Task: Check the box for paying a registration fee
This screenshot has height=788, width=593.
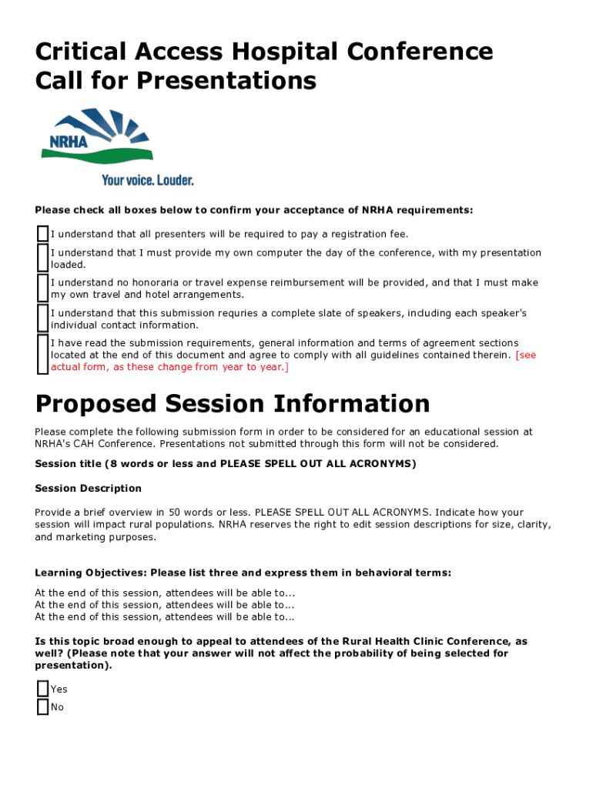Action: tap(42, 233)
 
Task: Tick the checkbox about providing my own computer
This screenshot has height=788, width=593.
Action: tap(42, 258)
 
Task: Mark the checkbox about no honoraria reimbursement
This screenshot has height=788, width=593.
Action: tap(42, 288)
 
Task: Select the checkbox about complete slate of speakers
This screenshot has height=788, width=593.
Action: tap(42, 318)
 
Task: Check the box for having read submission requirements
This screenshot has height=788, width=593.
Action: tap(42, 354)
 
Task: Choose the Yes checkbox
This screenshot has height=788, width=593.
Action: tap(42, 689)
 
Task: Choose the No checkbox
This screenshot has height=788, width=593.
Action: tap(42, 706)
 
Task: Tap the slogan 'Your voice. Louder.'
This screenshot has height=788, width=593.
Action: tap(147, 180)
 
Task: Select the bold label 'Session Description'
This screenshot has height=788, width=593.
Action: tap(89, 488)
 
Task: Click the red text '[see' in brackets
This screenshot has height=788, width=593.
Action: tap(526, 355)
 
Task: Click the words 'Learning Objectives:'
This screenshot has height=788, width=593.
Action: tap(91, 573)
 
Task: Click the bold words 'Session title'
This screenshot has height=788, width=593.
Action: tap(68, 463)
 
